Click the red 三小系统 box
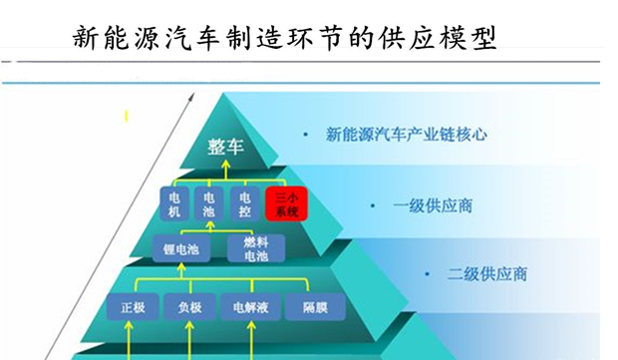(x=286, y=203)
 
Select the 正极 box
(x=134, y=307)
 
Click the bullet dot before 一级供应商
(x=374, y=205)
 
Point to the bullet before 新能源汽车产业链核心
(x=306, y=134)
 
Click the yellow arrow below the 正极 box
(x=134, y=339)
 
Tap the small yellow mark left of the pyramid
(x=127, y=118)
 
